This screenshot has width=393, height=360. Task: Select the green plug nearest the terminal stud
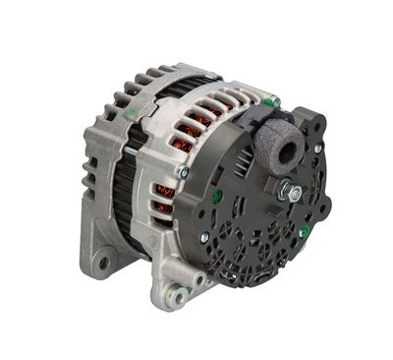[x=305, y=232]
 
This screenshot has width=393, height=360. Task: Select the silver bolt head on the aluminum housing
[x=183, y=172]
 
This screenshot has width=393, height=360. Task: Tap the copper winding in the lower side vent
[x=164, y=197]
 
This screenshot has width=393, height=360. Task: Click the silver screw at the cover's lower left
[x=203, y=237]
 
